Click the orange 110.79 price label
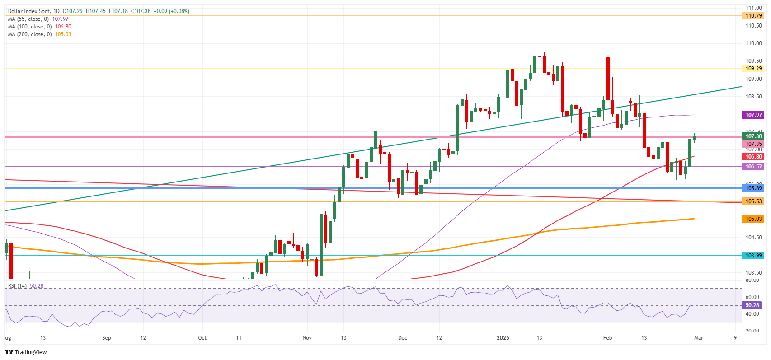coord(753,16)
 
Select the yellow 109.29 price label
coord(753,69)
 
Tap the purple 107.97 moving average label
coord(753,115)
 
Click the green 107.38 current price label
coord(753,136)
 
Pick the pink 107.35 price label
coord(753,144)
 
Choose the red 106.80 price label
coord(753,157)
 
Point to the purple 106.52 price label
coord(753,167)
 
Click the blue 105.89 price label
coord(753,188)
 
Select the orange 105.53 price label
coord(753,201)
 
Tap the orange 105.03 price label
coord(753,219)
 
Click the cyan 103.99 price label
coord(753,256)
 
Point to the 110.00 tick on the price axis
coord(753,43)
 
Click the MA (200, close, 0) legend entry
coord(30,34)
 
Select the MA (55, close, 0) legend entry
coord(28,19)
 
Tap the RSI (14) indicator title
coord(18,286)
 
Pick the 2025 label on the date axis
coord(503,338)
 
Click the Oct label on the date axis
coord(202,338)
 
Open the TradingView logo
coord(26,352)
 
